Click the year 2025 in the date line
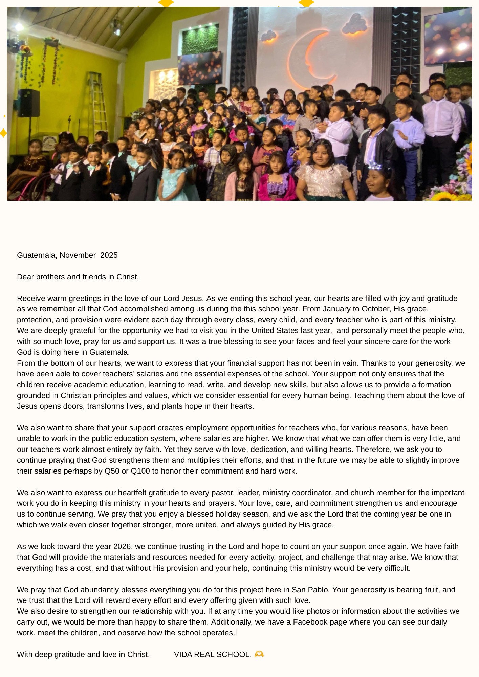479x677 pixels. (x=109, y=255)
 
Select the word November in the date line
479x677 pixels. (x=78, y=255)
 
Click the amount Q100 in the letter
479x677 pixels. (x=140, y=471)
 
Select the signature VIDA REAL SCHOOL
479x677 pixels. (x=212, y=655)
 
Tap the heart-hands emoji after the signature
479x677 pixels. (x=259, y=654)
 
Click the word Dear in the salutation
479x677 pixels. (x=25, y=277)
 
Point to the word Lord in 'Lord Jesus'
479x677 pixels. (x=172, y=299)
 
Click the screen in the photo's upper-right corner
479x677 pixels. (x=448, y=36)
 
